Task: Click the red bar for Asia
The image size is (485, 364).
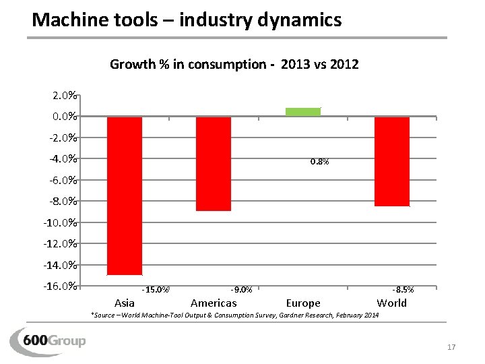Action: pyautogui.click(x=125, y=195)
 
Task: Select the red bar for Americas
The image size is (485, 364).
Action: pyautogui.click(x=214, y=164)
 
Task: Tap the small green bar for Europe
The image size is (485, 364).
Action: pyautogui.click(x=303, y=112)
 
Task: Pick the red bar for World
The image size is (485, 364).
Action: pyautogui.click(x=392, y=162)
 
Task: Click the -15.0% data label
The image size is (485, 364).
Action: pyautogui.click(x=156, y=290)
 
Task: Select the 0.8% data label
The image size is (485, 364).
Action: pyautogui.click(x=319, y=162)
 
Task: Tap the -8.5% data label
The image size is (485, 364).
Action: pyautogui.click(x=403, y=290)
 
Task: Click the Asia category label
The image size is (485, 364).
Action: pyautogui.click(x=125, y=303)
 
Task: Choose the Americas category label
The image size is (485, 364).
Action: pyautogui.click(x=214, y=303)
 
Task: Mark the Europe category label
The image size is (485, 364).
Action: pyautogui.click(x=303, y=303)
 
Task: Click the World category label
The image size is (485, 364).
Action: pyautogui.click(x=392, y=303)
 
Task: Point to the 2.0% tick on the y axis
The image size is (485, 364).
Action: pyautogui.click(x=64, y=96)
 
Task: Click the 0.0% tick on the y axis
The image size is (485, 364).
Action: pyautogui.click(x=64, y=117)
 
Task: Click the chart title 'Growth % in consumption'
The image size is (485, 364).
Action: pyautogui.click(x=234, y=65)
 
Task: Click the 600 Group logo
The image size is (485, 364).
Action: pyautogui.click(x=48, y=339)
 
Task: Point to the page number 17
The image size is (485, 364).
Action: pyautogui.click(x=451, y=347)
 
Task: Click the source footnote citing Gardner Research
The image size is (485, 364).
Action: pyautogui.click(x=234, y=315)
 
